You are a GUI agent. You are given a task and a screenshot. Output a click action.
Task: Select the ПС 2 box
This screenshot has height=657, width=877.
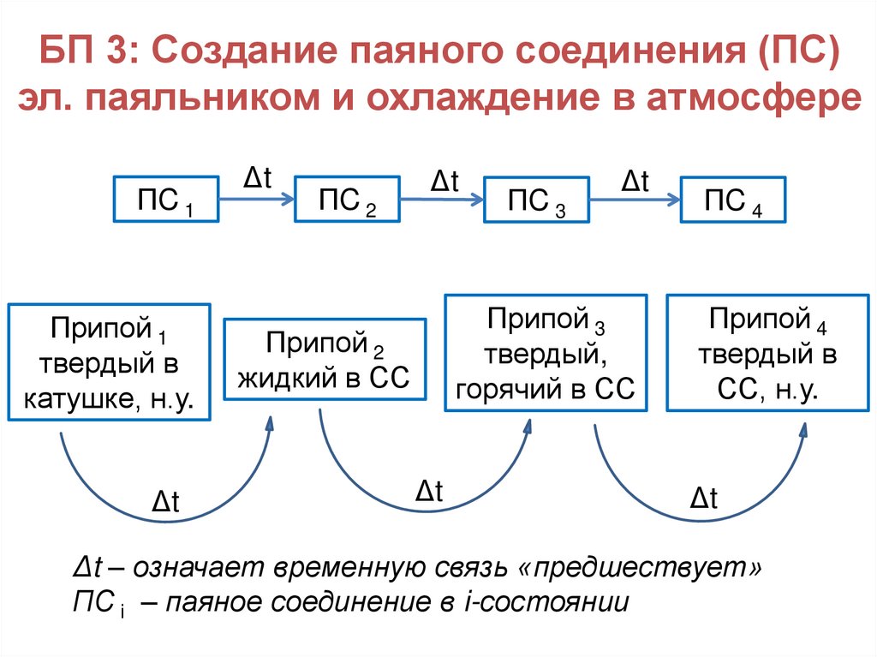(347, 200)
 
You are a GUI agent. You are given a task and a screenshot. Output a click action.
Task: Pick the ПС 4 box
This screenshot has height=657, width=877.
(732, 200)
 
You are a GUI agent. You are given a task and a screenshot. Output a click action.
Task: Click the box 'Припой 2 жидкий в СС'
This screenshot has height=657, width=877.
(325, 359)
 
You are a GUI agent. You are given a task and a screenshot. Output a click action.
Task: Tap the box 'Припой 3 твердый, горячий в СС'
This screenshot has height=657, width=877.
(546, 351)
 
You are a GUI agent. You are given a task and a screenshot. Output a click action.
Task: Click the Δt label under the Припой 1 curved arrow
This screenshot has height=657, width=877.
(164, 501)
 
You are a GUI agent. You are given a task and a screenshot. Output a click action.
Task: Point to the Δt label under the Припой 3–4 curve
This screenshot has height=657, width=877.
(703, 498)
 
